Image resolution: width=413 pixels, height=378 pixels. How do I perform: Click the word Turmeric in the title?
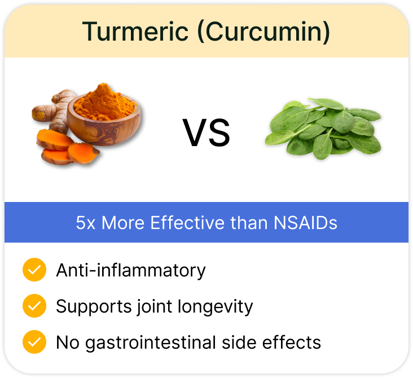tap(135, 32)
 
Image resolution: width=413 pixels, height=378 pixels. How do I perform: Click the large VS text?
tap(206, 133)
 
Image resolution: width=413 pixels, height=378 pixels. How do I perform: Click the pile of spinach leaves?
tap(323, 128)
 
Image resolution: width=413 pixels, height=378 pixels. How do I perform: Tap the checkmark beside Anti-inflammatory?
tap(34, 270)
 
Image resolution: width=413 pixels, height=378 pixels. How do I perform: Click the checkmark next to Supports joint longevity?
tap(34, 306)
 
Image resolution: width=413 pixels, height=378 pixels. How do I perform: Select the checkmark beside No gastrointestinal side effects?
tap(34, 342)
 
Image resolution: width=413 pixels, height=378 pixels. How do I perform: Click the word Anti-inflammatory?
tap(131, 270)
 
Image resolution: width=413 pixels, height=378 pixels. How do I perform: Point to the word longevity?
tap(215, 306)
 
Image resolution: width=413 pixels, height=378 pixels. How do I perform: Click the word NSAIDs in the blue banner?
tap(305, 223)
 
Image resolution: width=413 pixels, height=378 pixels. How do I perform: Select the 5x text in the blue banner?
tap(86, 223)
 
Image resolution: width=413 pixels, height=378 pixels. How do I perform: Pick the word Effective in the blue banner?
tap(187, 223)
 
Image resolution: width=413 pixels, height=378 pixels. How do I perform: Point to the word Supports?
tap(94, 306)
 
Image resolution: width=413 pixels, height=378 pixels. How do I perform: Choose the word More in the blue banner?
tap(123, 223)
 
